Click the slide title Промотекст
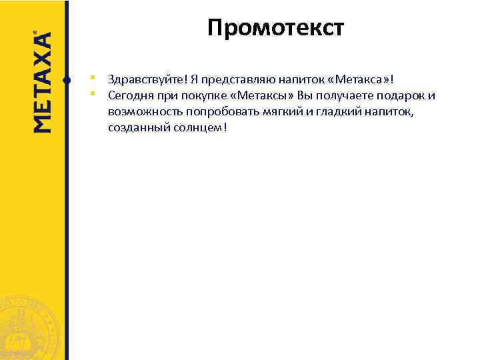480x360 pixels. (275, 29)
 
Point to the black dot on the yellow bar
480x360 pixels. (66, 80)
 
